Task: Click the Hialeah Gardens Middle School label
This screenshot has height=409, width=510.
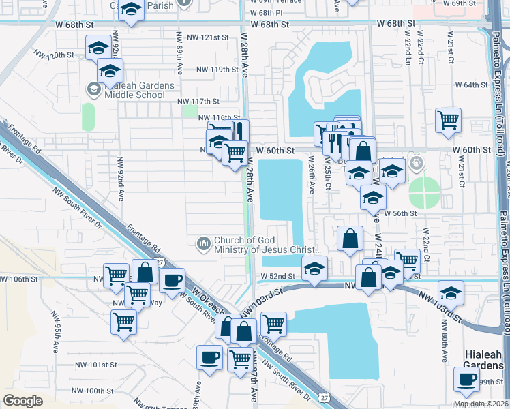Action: click(134, 90)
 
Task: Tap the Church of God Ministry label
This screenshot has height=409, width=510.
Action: click(262, 245)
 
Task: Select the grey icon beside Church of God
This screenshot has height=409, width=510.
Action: click(203, 243)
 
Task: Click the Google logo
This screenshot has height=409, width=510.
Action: click(23, 401)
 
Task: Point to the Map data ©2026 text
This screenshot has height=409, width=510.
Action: click(481, 404)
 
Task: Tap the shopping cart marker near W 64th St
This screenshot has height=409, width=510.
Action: click(449, 120)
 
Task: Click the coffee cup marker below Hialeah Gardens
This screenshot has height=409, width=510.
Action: click(467, 379)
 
